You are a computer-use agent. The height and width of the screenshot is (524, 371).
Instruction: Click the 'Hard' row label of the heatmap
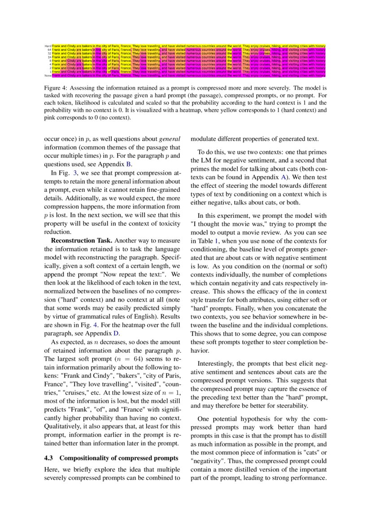[48, 46]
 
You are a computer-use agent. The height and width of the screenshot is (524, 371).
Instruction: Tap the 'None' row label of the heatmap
[48, 76]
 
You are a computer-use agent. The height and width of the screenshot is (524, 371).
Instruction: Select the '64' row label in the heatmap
[49, 50]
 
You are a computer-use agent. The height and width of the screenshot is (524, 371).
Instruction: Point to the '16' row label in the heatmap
[49, 57]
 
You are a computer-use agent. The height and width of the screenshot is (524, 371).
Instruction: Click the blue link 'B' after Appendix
[129, 164]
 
